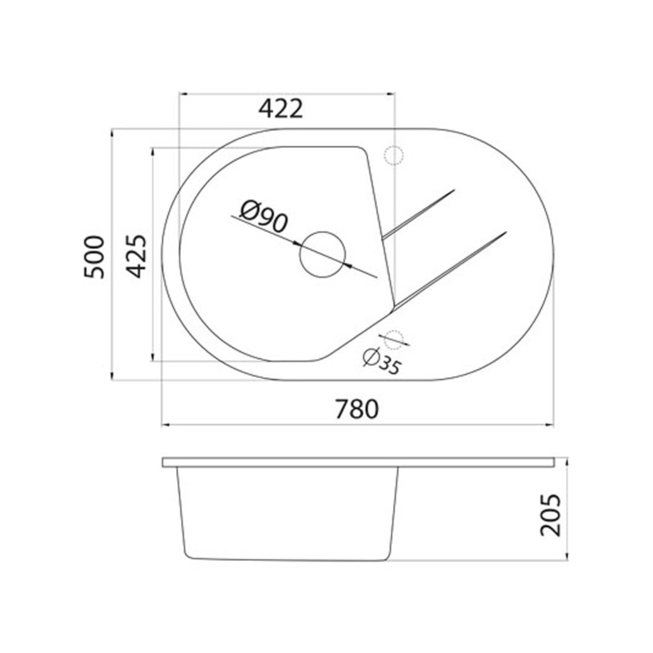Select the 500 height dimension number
(x=93, y=257)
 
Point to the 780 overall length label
(x=356, y=409)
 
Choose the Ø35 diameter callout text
(x=381, y=362)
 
